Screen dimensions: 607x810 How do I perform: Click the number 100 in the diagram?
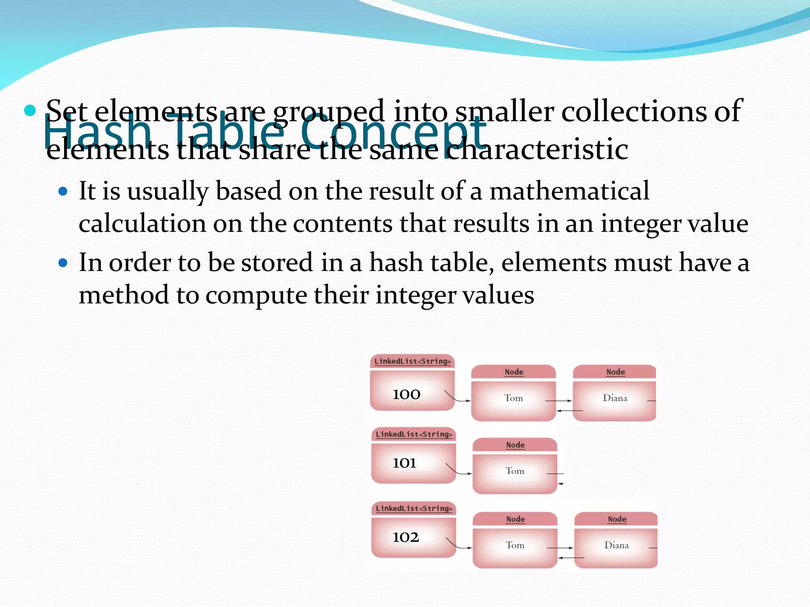(406, 394)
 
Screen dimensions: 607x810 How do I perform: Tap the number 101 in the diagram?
(404, 463)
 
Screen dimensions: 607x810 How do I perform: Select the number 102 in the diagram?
(405, 537)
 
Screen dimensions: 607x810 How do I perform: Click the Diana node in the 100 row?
(615, 398)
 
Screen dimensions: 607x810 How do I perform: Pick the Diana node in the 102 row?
(616, 545)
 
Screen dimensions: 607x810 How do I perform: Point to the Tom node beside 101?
(515, 471)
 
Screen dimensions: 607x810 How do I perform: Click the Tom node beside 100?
(513, 398)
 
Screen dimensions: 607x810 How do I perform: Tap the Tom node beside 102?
(515, 545)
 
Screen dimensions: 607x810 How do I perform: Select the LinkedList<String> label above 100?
(413, 361)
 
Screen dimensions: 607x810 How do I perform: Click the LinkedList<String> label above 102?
(414, 509)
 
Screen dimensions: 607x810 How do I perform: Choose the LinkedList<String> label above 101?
(414, 434)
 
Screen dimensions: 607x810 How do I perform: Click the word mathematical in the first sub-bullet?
(569, 191)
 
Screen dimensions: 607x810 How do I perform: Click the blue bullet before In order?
(63, 263)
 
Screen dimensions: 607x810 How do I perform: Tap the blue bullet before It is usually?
(63, 192)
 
